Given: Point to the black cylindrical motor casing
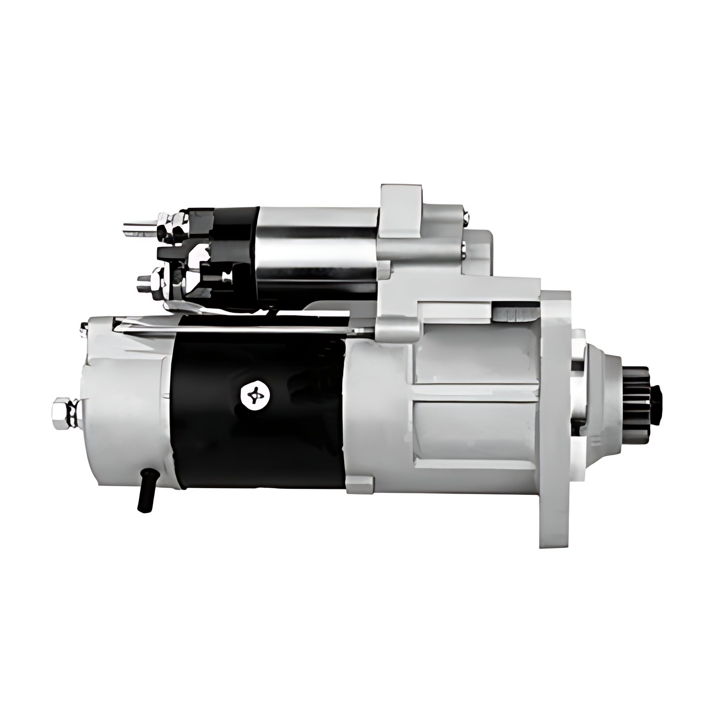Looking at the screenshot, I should tap(260, 426).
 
